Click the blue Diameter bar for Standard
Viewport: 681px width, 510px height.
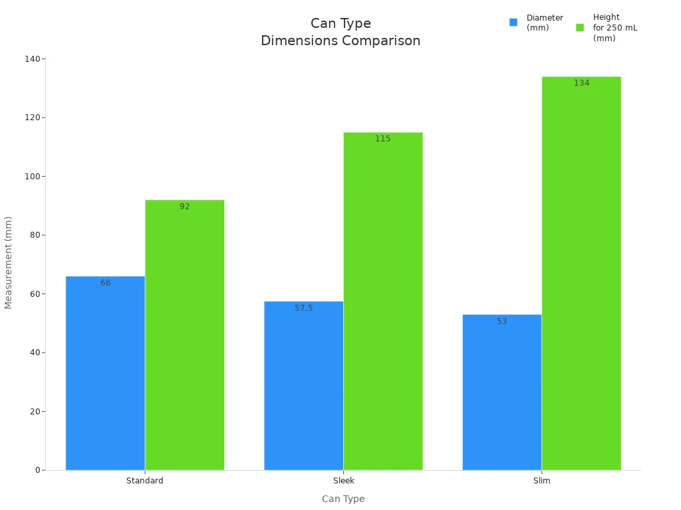(105, 373)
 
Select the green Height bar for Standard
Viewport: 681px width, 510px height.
(184, 335)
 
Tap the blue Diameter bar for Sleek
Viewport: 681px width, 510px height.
(303, 386)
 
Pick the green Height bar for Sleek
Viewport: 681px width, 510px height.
(382, 301)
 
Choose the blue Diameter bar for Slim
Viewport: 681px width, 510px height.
(501, 392)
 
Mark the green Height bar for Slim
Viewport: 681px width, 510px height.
(581, 274)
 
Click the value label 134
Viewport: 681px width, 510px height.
(581, 83)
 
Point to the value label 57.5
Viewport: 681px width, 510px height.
(303, 308)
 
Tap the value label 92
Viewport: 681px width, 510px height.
(184, 207)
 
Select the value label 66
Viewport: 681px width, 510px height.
(105, 283)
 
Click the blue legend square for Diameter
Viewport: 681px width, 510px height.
(513, 23)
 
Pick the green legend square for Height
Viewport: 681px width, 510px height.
(580, 27)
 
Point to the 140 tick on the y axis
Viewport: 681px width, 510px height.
(33, 59)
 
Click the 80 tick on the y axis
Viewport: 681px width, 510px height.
(35, 235)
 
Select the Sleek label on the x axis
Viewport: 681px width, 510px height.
(343, 481)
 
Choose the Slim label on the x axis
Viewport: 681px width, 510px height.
(541, 481)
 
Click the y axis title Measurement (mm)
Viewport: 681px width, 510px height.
(9, 262)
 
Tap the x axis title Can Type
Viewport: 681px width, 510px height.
(343, 499)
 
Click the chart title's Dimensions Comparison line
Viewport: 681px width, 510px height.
(340, 41)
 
